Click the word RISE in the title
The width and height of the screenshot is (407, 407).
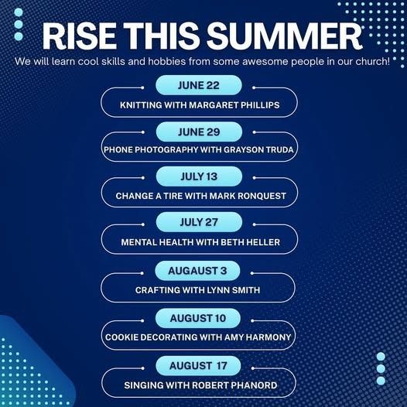click(80, 36)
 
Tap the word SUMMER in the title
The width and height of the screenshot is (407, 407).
click(284, 36)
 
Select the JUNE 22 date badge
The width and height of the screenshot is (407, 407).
click(199, 85)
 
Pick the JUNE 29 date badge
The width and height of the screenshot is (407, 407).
click(199, 132)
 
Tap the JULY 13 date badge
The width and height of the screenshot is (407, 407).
click(199, 176)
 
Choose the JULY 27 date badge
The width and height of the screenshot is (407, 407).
click(199, 222)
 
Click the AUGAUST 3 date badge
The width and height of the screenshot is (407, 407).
click(197, 271)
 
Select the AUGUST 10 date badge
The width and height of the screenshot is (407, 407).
click(198, 318)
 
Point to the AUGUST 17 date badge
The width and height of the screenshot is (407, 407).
click(198, 366)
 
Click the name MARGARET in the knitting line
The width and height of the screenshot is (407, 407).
click(214, 105)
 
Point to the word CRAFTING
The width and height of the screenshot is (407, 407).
click(158, 290)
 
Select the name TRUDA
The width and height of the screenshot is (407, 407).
click(280, 150)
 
